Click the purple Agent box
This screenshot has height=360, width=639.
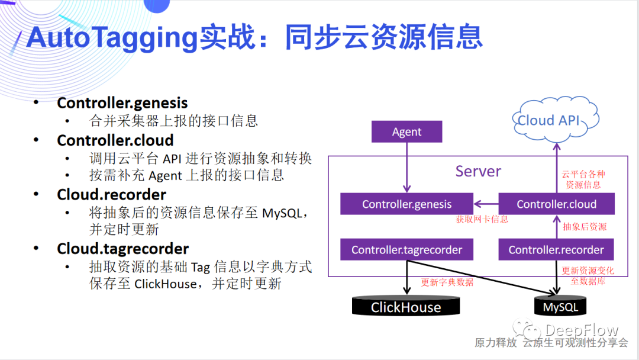pyautogui.click(x=406, y=131)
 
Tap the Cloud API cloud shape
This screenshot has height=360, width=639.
pyautogui.click(x=548, y=120)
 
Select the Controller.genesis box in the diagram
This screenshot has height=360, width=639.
pyautogui.click(x=406, y=204)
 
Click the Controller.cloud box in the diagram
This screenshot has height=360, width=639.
pyautogui.click(x=556, y=204)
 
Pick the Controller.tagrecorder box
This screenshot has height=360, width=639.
pyautogui.click(x=406, y=250)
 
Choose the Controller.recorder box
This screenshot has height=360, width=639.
pyautogui.click(x=556, y=250)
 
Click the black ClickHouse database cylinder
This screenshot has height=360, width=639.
pyautogui.click(x=406, y=307)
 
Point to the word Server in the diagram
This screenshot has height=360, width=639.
pyautogui.click(x=478, y=172)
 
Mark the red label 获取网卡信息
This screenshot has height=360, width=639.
pyautogui.click(x=482, y=219)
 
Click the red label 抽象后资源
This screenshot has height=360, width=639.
pyautogui.click(x=585, y=227)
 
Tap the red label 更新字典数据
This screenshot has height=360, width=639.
pyautogui.click(x=447, y=282)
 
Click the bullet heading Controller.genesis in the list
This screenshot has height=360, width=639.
pyautogui.click(x=122, y=103)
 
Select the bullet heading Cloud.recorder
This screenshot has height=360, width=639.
pyautogui.click(x=111, y=195)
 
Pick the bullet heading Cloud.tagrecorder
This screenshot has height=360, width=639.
pyautogui.click(x=122, y=249)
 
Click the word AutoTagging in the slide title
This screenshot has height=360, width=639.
pyautogui.click(x=111, y=38)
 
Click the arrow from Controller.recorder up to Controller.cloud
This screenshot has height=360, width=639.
pyautogui.click(x=556, y=227)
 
